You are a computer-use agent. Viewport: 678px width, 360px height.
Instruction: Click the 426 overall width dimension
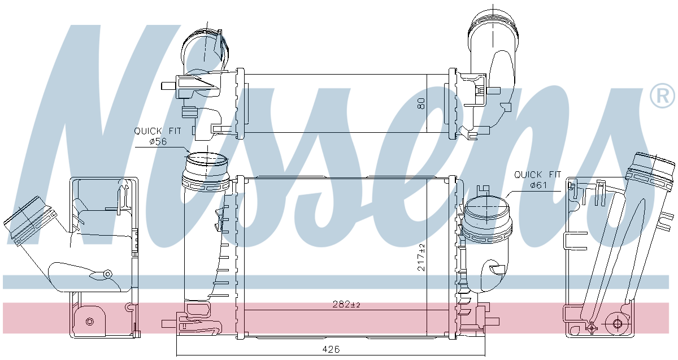(331, 349)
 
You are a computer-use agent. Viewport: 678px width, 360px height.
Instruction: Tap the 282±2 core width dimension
(346, 304)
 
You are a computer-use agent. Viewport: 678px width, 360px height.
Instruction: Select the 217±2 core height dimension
(421, 257)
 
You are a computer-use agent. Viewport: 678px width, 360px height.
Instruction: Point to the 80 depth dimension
(421, 103)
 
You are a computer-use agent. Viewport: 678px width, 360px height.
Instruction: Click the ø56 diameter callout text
(158, 141)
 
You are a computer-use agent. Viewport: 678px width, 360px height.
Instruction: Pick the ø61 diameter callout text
(538, 185)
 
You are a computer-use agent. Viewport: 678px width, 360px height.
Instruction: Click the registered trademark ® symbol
(662, 96)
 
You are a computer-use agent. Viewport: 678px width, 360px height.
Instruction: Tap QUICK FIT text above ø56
(158, 131)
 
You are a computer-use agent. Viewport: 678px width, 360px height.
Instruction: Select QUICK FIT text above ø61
(537, 175)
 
